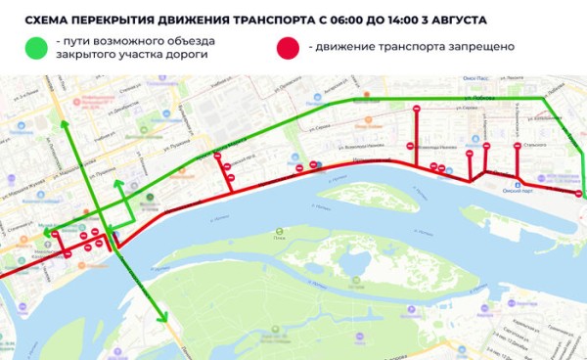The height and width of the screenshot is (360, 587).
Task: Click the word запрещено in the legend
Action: [x=483, y=47]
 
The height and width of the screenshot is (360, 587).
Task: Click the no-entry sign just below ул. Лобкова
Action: [x=418, y=109]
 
